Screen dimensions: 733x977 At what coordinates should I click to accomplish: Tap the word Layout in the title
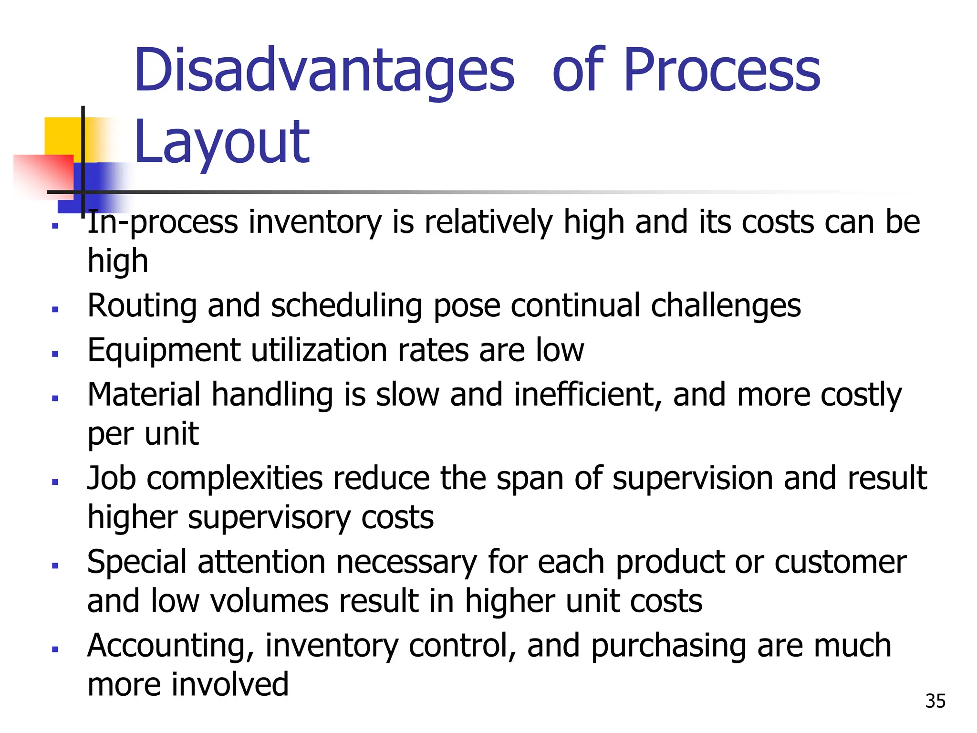click(x=222, y=142)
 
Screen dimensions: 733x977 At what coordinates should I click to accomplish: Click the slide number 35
click(x=935, y=701)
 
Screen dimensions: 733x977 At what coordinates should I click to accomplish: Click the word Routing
click(x=142, y=305)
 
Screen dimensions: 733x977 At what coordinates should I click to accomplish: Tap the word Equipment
click(x=164, y=350)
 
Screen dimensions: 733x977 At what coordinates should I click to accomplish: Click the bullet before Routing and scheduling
click(x=55, y=309)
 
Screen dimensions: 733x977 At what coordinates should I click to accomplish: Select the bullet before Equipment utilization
click(x=55, y=354)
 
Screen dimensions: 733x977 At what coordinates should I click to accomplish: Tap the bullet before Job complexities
click(x=55, y=482)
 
